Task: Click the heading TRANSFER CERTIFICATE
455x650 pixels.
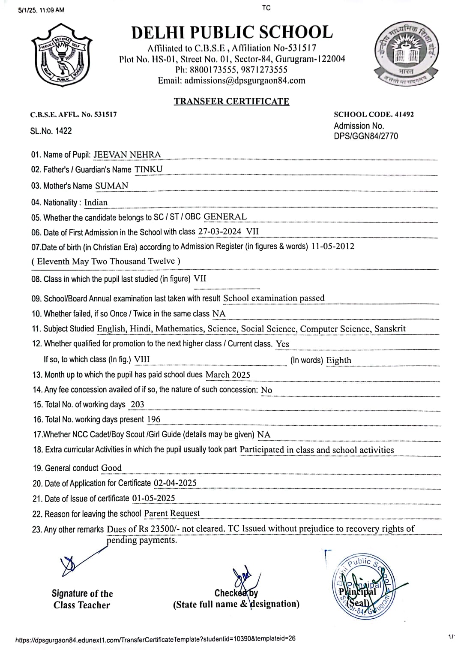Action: coord(231,101)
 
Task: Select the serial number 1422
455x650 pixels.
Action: coord(63,131)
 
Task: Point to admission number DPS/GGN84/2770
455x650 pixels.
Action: coord(365,136)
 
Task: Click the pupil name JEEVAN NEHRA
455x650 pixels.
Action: coord(127,154)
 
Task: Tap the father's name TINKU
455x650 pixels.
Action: coord(149,169)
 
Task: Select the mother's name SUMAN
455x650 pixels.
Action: coord(111,186)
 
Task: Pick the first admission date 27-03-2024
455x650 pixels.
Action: coord(220,232)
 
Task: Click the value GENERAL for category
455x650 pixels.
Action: coord(225,217)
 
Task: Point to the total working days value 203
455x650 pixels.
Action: coord(137,404)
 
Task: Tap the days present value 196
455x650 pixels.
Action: coord(153,419)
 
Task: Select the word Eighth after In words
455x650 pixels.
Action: coord(338,360)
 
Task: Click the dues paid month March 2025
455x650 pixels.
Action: coord(227,374)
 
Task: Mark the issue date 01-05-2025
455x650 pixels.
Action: coord(153,498)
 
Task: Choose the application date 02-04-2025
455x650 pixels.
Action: coord(175,483)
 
